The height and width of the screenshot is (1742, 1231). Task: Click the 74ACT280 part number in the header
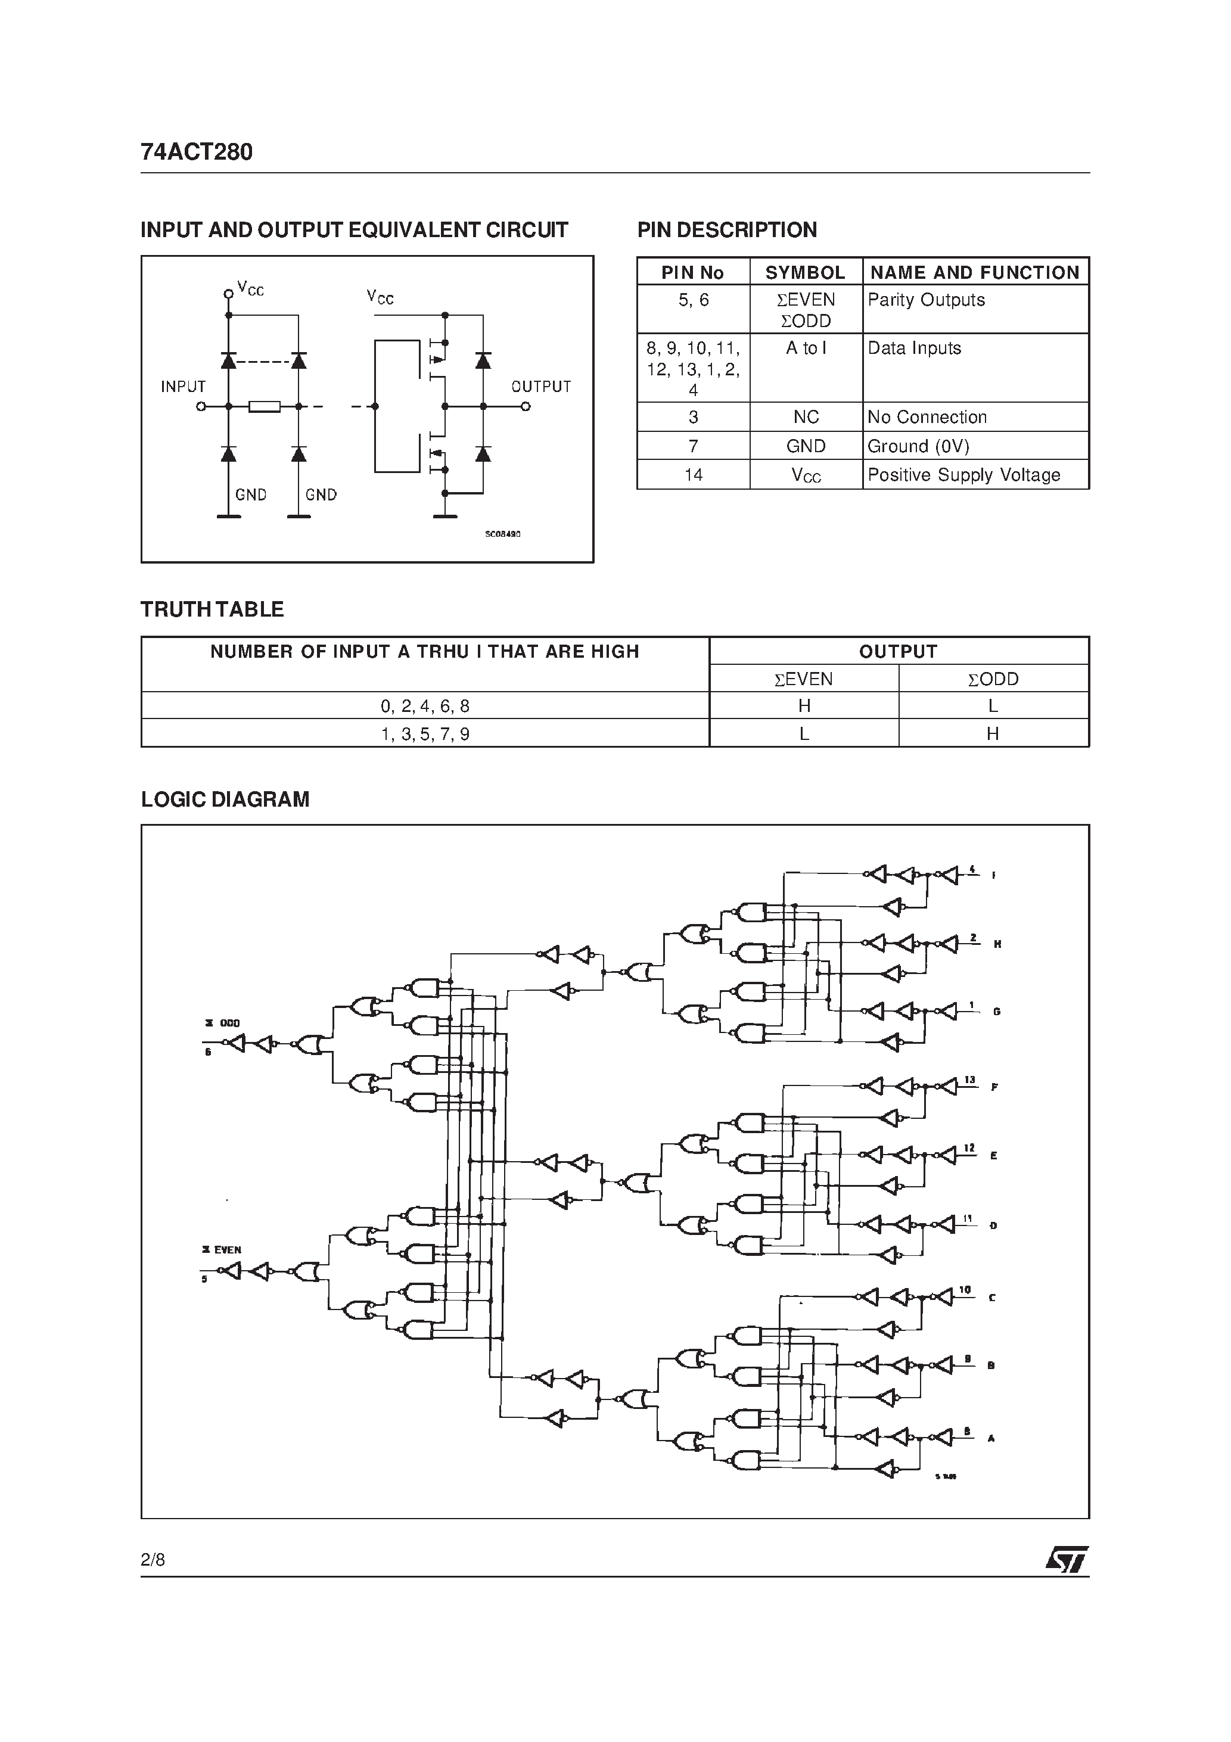click(x=197, y=153)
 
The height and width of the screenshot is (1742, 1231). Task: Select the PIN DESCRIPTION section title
click(x=726, y=230)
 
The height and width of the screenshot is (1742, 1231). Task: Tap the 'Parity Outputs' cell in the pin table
click(x=926, y=300)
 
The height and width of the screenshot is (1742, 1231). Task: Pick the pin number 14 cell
click(x=693, y=475)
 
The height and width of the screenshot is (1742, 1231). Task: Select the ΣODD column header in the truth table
click(x=993, y=679)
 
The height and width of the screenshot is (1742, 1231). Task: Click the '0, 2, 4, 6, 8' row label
click(x=425, y=707)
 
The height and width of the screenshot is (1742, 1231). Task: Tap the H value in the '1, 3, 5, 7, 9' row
click(x=993, y=733)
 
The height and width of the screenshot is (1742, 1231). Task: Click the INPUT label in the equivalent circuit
click(x=183, y=387)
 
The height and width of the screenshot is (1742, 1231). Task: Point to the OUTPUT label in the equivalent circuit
click(x=540, y=387)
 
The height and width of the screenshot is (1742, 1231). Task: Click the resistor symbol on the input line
click(x=265, y=407)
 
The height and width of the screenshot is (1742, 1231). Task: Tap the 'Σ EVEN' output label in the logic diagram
click(x=222, y=1249)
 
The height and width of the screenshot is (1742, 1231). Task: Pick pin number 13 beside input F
click(x=969, y=1080)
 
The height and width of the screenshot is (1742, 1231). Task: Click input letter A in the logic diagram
click(x=990, y=1438)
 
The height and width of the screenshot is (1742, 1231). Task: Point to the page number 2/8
click(x=153, y=1560)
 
